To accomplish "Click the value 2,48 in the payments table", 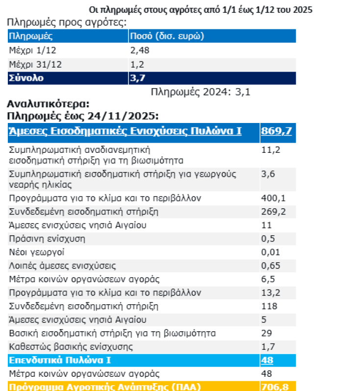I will [x=139, y=50].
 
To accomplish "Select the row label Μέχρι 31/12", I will [x=36, y=64].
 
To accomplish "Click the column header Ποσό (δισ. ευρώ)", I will [x=166, y=36].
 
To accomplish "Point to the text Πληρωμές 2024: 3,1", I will [x=201, y=92].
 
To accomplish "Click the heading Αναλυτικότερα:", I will [x=48, y=104].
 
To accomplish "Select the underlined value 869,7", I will [x=277, y=130].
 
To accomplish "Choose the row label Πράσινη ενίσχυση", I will [x=47, y=239].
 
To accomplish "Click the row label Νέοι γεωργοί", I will [x=37, y=252].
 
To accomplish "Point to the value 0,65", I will [x=270, y=266].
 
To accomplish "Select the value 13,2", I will [x=270, y=293].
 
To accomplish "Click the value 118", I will [x=268, y=306].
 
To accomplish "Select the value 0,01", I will [x=270, y=252].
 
